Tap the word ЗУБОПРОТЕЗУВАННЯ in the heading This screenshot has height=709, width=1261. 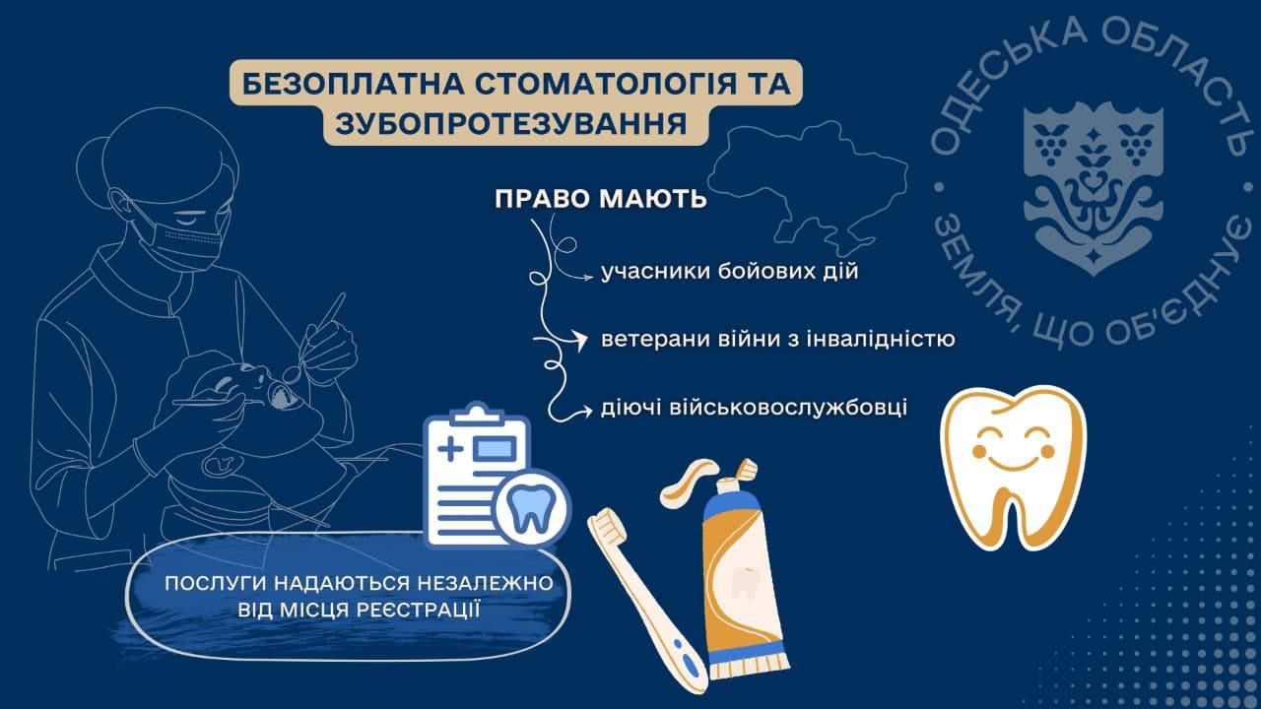(511, 123)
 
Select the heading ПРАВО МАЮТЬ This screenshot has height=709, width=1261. (601, 199)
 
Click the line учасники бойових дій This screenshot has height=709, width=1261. (730, 271)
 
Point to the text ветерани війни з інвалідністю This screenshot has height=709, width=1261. (778, 340)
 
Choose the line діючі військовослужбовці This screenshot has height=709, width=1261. (755, 407)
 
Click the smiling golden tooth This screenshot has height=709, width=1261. (1014, 467)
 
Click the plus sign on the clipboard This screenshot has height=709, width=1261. (450, 450)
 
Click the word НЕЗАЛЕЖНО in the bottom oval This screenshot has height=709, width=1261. (486, 583)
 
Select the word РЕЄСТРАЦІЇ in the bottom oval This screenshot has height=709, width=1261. (417, 610)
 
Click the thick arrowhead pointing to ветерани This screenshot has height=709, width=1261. (578, 340)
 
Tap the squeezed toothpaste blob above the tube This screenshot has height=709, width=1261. (688, 483)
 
